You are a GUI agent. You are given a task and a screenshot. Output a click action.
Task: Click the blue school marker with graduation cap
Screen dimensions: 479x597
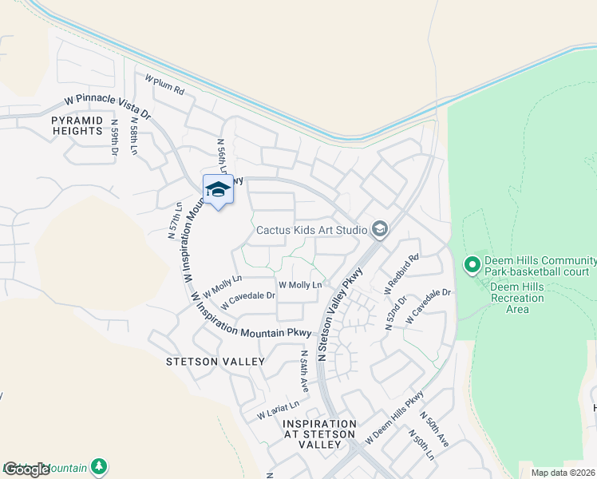tap(218, 189)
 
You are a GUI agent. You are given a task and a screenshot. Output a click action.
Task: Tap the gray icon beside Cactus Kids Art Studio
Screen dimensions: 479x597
tap(380, 230)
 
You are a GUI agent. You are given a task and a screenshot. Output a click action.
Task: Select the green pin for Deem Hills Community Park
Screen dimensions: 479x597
tap(472, 263)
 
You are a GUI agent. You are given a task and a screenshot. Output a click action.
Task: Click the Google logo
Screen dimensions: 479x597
tap(26, 469)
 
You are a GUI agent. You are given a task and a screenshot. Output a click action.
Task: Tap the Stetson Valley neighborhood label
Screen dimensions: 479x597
tap(215, 362)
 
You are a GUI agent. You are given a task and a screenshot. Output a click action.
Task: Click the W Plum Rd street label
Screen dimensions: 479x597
tap(164, 85)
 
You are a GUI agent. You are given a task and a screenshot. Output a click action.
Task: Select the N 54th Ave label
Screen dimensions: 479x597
tap(304, 370)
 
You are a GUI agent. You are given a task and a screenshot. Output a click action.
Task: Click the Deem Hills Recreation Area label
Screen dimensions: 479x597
tap(517, 298)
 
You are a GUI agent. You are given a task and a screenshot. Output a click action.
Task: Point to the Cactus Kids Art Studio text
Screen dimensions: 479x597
tap(310, 231)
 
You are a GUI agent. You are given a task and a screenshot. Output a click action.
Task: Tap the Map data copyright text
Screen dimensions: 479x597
tap(563, 473)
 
